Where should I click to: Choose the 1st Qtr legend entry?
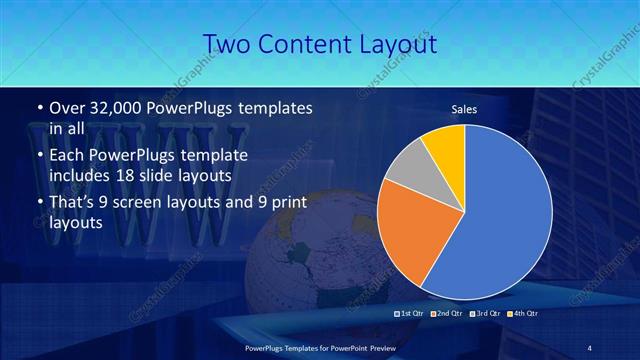[x=411, y=314]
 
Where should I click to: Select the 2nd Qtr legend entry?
[x=447, y=314]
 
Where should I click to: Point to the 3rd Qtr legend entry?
[x=485, y=314]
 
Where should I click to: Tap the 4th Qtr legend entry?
[x=522, y=314]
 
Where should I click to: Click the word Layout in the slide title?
[x=396, y=44]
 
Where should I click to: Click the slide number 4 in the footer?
[x=589, y=347]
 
